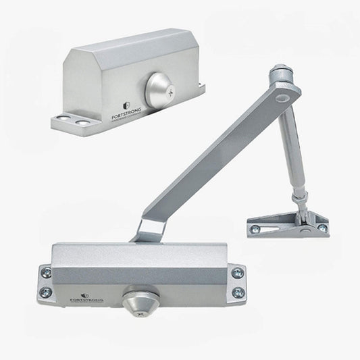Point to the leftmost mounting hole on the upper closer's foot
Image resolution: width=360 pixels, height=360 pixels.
click(x=63, y=119)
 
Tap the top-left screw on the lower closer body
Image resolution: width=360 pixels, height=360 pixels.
click(x=46, y=273)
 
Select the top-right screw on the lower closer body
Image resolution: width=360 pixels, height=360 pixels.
click(x=238, y=273)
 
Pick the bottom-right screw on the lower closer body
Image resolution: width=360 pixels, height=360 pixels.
click(x=238, y=292)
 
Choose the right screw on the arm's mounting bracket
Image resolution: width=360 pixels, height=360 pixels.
click(x=323, y=228)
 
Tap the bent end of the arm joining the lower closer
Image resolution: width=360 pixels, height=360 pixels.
click(x=151, y=228)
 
